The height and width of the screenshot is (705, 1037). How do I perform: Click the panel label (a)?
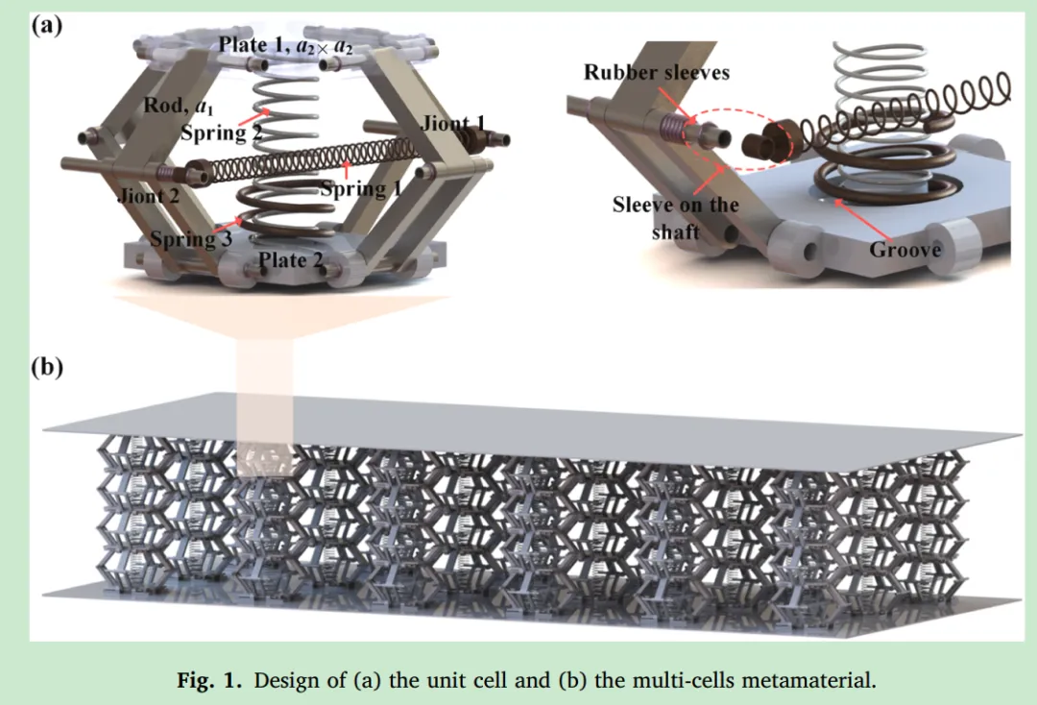48,25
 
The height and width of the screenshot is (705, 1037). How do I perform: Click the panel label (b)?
48,368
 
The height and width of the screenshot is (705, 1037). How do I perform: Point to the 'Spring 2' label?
222,134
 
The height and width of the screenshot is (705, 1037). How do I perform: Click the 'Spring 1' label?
360,189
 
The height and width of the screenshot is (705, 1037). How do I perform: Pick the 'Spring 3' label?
190,240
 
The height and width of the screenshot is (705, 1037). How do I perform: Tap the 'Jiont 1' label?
454,123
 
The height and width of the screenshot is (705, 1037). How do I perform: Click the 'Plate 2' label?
291,259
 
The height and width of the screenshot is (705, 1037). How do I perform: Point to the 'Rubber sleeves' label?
656,72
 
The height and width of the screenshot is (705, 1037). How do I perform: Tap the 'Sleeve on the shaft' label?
675,218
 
